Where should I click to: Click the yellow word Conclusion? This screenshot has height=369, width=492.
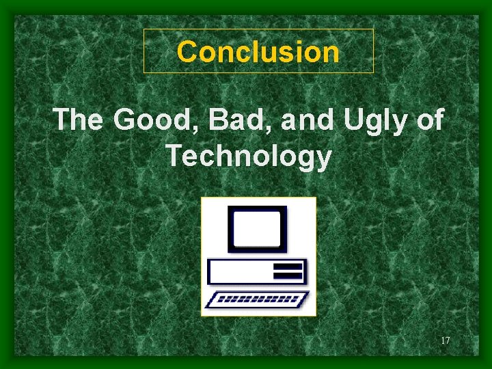click(x=258, y=51)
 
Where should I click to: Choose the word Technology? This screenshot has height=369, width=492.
click(x=249, y=157)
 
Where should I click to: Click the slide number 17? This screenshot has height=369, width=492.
click(x=445, y=340)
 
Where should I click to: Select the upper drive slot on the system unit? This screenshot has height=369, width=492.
click(x=287, y=266)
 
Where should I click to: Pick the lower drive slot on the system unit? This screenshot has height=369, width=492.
click(x=287, y=275)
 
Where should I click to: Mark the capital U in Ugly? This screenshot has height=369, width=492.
click(x=353, y=120)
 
